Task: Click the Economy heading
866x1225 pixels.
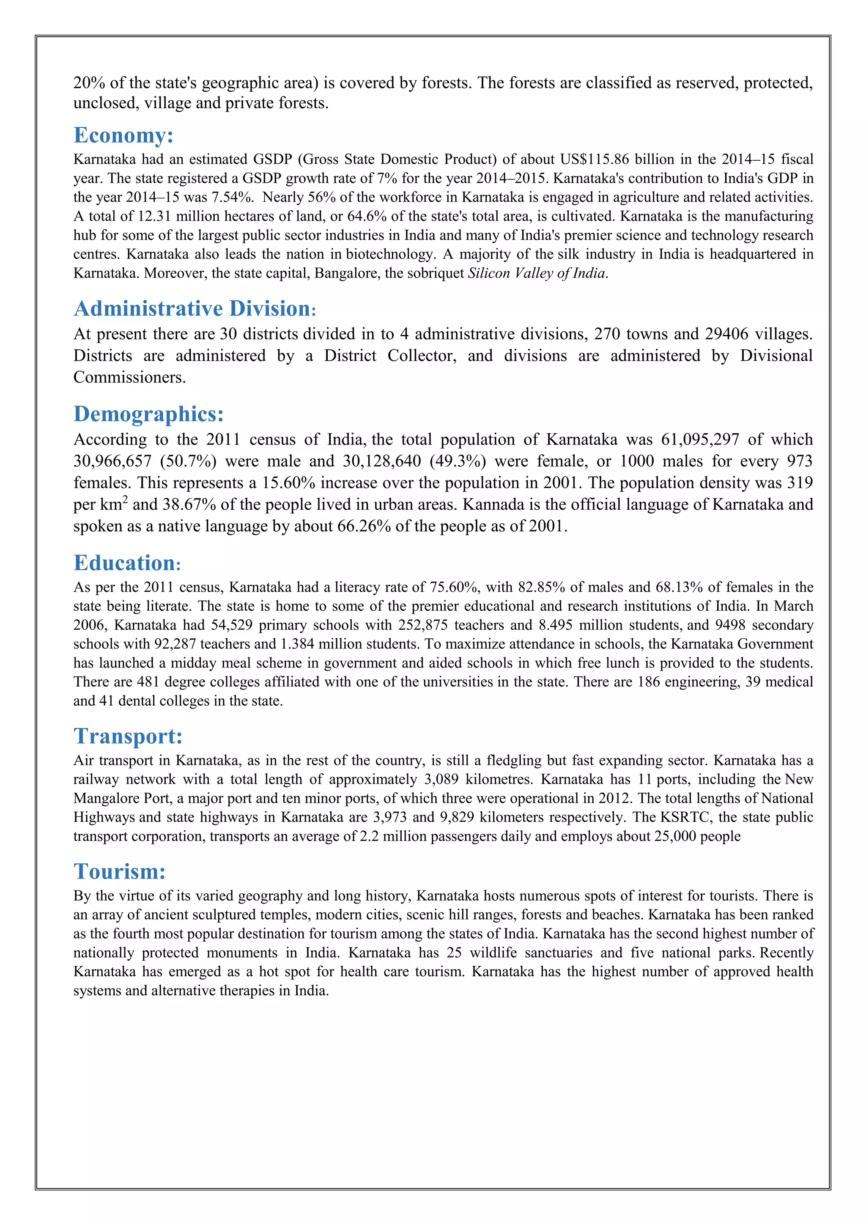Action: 123,135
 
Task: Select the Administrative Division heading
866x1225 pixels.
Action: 195,309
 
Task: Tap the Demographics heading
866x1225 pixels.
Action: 148,414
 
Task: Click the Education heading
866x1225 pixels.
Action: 127,563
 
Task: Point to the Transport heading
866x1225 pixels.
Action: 128,736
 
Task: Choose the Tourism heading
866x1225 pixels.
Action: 119,872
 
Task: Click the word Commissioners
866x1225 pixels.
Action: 129,378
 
